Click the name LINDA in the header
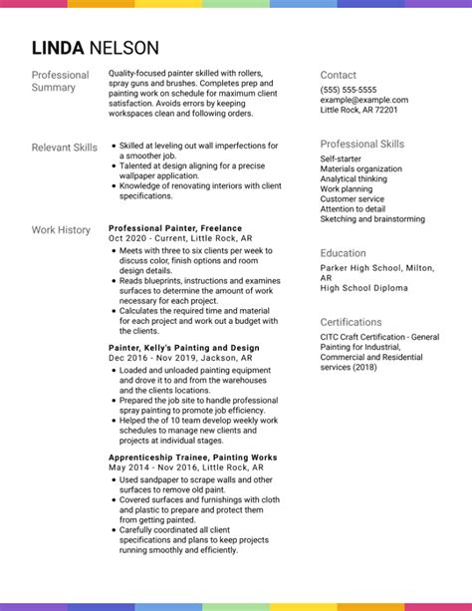(x=58, y=48)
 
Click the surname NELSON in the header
(x=123, y=48)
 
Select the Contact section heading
(x=338, y=75)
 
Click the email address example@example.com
(x=364, y=100)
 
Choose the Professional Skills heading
(x=361, y=145)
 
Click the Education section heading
(x=343, y=253)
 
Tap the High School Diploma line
(x=363, y=288)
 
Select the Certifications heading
(x=352, y=322)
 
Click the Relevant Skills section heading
(x=65, y=148)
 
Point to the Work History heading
(x=61, y=230)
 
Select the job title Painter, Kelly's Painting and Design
(x=183, y=348)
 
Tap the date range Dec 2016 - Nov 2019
(x=152, y=358)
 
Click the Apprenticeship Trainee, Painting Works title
(x=192, y=458)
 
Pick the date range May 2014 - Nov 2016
(x=152, y=467)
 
